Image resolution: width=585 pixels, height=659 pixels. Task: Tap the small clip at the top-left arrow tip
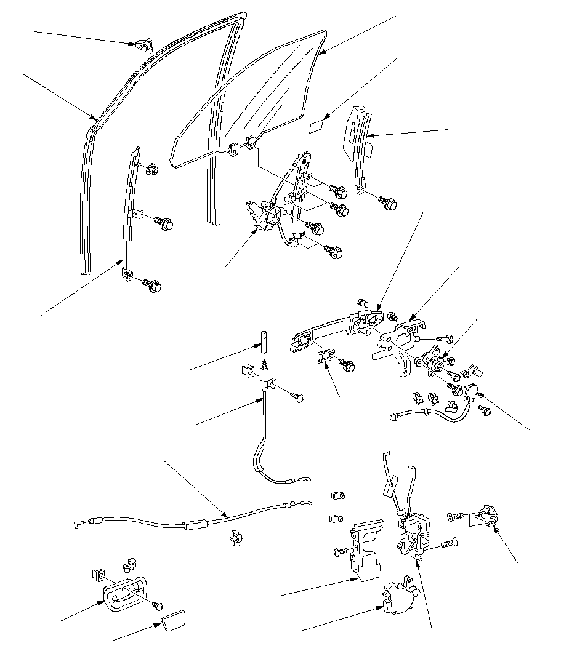point(143,45)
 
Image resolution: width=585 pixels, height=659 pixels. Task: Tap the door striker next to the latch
point(488,516)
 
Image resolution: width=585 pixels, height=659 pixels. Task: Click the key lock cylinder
point(435,361)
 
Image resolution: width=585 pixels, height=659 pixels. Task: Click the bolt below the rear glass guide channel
point(388,202)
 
